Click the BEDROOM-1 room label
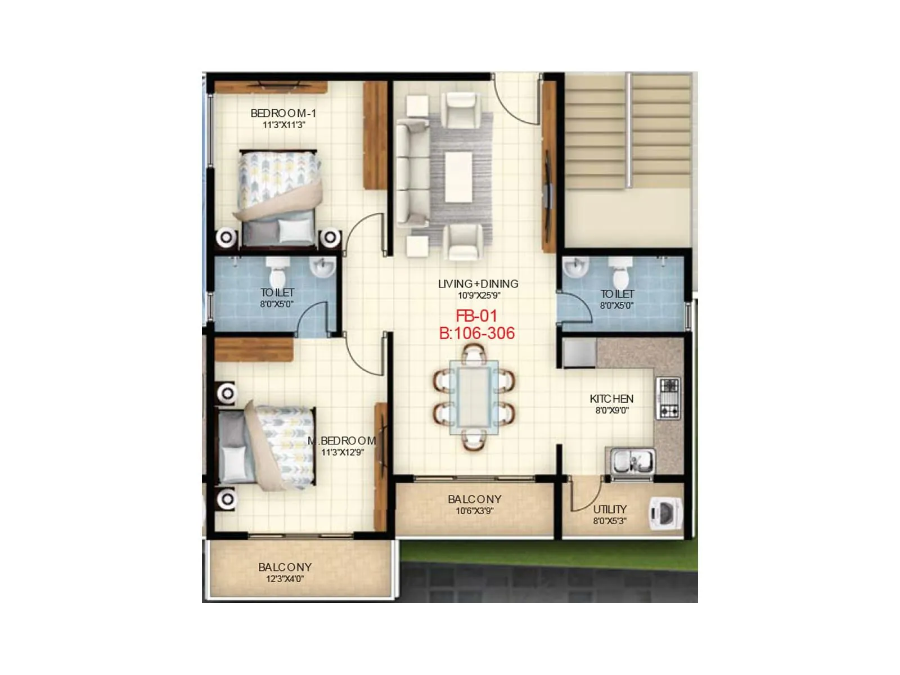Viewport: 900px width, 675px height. point(283,113)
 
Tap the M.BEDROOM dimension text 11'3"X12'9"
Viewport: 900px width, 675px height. point(343,452)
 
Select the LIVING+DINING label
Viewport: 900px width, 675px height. point(478,284)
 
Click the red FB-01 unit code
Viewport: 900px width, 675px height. point(476,316)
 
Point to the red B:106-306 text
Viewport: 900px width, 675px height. point(477,334)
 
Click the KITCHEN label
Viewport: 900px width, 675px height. point(611,399)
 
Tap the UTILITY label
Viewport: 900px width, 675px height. point(610,509)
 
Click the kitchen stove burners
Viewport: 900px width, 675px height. point(669,398)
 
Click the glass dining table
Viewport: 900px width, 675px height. point(473,397)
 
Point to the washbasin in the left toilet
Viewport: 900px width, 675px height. point(323,267)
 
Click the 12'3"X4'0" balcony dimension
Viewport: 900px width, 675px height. point(285,579)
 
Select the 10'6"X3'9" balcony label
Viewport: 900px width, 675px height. point(474,511)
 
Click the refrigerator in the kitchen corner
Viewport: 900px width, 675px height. point(579,353)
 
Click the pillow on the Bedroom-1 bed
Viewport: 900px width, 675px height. point(295,230)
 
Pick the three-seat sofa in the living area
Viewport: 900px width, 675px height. point(411,175)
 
